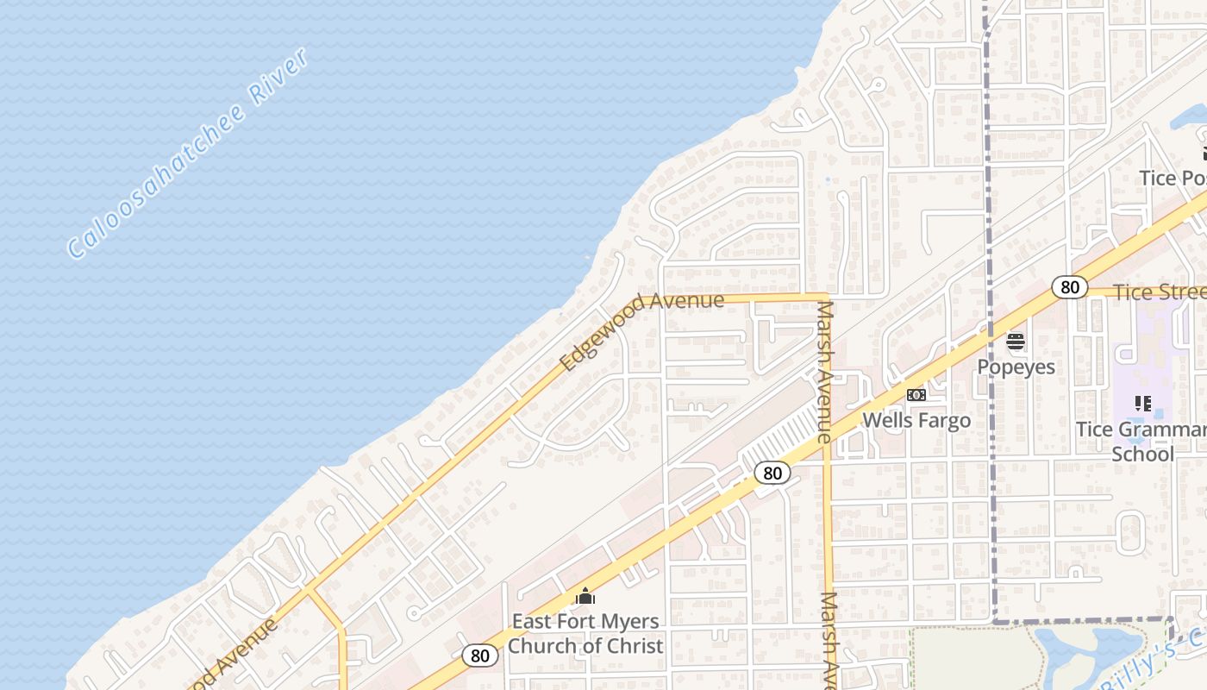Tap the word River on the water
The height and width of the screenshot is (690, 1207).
coord(279,78)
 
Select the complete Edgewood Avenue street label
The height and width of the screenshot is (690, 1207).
coord(641,331)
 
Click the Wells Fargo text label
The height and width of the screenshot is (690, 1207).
coord(916,420)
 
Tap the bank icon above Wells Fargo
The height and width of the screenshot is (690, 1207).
coord(916,395)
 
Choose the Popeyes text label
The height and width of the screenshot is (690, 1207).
coord(1016,367)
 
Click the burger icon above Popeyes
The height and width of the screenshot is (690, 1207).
coord(1016,342)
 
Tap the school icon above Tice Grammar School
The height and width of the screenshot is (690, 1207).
coord(1143,404)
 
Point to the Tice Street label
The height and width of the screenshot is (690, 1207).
coord(1160,292)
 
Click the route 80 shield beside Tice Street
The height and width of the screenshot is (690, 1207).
coord(1069,287)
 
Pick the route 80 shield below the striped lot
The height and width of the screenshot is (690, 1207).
coord(772,473)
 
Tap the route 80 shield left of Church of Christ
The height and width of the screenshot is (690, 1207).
coord(480,655)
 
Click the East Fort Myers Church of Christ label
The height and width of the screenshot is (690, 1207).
coord(585,633)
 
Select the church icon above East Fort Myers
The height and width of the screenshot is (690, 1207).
coord(585,596)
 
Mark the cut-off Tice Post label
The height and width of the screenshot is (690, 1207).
coord(1173,178)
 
